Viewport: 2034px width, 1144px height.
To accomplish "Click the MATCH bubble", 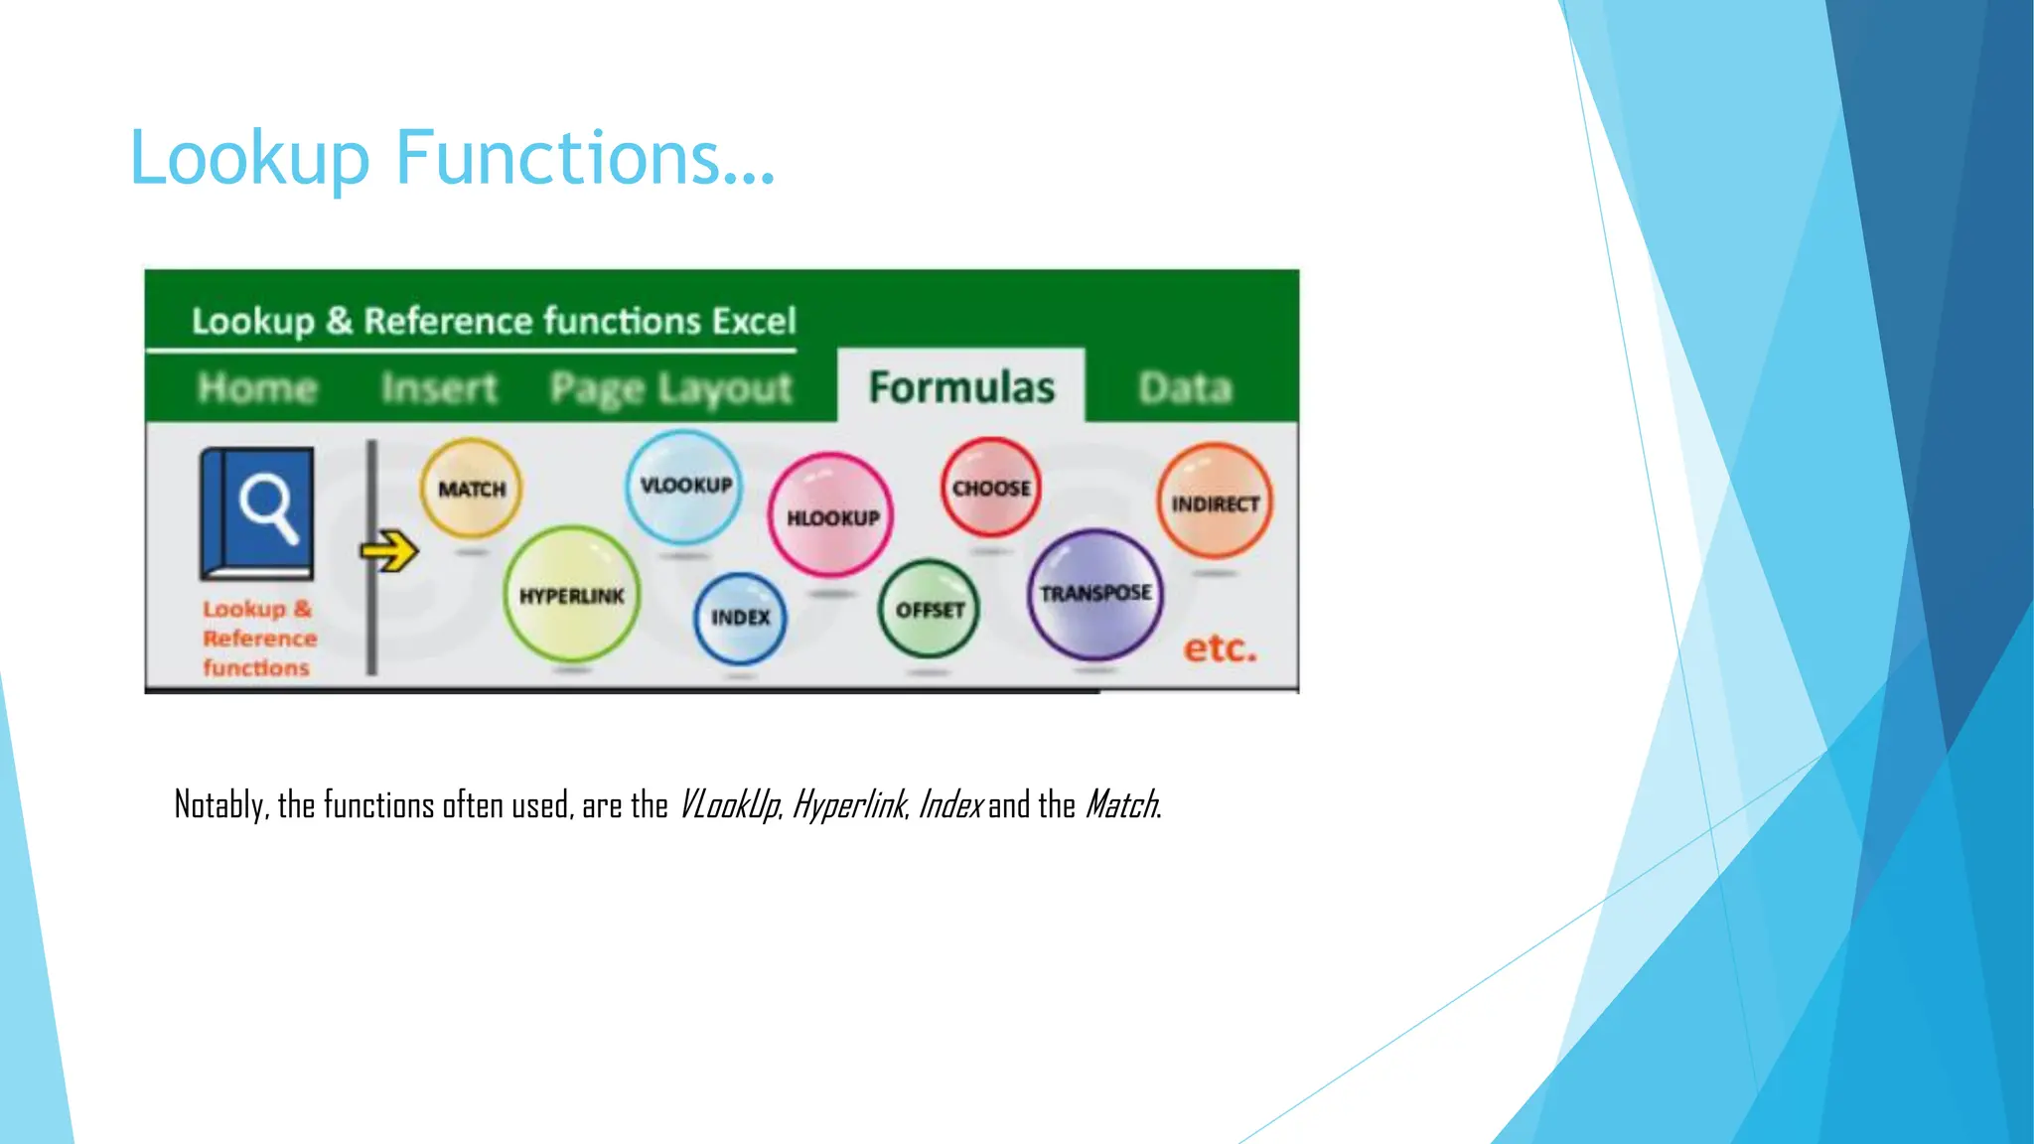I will (471, 489).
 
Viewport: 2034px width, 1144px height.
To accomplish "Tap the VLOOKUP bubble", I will (684, 486).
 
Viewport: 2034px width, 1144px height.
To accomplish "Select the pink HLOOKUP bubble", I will (831, 516).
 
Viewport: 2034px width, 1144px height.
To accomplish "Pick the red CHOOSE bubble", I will (990, 488).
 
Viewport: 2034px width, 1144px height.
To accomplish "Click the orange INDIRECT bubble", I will (1214, 502).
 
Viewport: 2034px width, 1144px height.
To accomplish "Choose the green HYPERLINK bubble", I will (571, 595).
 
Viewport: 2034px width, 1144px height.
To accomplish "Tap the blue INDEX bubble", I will (740, 618).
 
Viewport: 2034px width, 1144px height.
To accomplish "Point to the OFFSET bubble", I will (929, 610).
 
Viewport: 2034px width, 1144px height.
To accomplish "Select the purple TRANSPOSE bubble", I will (1094, 594).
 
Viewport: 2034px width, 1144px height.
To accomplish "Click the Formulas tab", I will (960, 387).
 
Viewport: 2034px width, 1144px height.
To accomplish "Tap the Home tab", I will (257, 387).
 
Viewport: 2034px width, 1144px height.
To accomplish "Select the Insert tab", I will (438, 387).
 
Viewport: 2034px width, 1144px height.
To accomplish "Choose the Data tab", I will (1184, 387).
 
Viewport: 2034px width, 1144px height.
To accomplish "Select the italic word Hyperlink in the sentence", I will (849, 804).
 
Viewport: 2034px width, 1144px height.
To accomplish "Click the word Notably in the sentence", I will (219, 804).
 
